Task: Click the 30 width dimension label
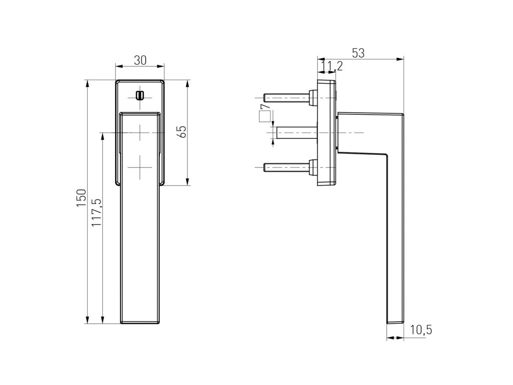[x=140, y=60]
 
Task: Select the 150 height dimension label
[x=81, y=198]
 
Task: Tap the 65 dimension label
[x=182, y=132]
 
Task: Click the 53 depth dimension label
[x=358, y=53]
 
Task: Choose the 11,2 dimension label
[x=332, y=67]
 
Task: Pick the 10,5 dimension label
[x=421, y=330]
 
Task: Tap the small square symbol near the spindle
[x=265, y=116]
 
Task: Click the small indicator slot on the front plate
[x=140, y=95]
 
